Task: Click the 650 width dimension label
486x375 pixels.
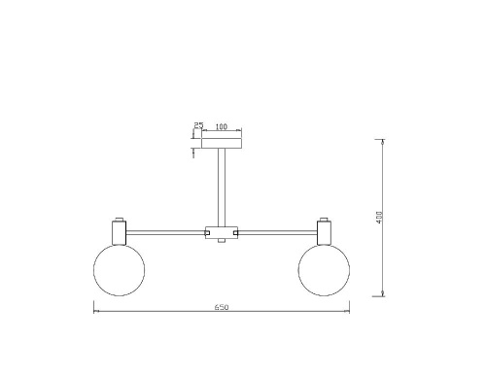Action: (222, 307)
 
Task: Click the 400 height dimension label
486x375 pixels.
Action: (379, 217)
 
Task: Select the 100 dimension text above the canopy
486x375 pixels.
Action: (222, 126)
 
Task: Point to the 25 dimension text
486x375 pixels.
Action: (198, 125)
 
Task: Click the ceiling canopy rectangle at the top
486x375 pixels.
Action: (222, 143)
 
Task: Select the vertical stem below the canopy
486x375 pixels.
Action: (222, 187)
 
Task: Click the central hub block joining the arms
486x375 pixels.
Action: (222, 232)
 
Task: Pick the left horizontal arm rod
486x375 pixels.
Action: (165, 232)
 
